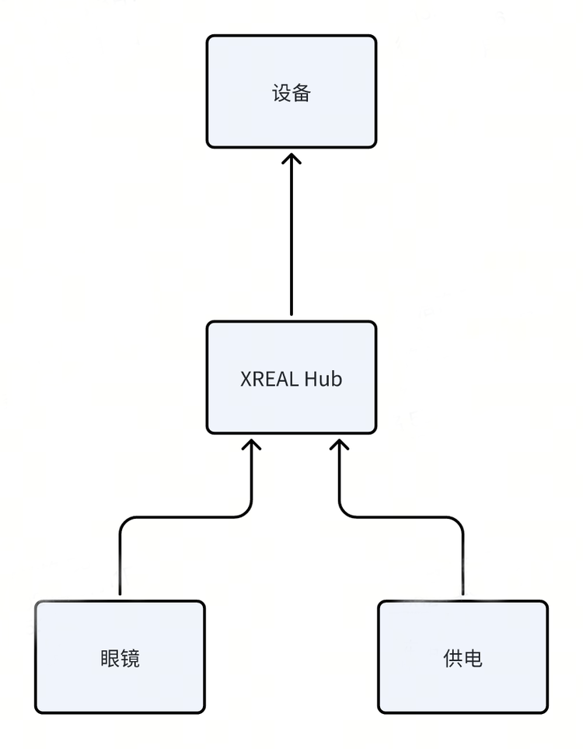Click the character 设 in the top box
tap(281, 93)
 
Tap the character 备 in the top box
tap(302, 93)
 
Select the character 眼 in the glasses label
tap(110, 659)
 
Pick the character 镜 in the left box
tap(130, 659)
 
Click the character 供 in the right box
tap(452, 659)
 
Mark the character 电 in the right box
tap(473, 659)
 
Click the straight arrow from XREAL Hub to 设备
tap(291, 233)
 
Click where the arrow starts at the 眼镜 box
tap(120, 593)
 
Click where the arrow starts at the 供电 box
tap(463, 593)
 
